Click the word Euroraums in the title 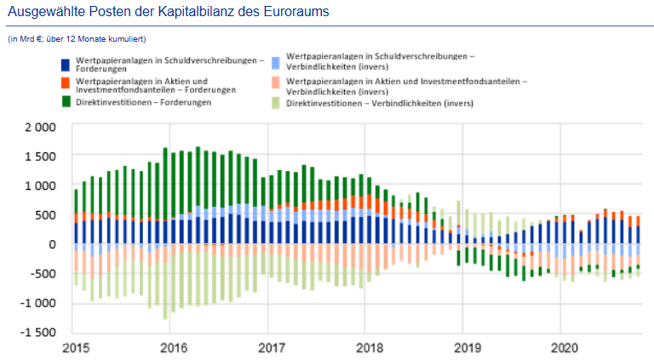(295, 13)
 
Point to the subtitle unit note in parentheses (76, 39)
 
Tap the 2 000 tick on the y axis (39, 127)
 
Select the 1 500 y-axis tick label (39, 157)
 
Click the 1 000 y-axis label (39, 186)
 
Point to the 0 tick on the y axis (51, 244)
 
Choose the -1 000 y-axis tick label (37, 303)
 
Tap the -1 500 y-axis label (37, 333)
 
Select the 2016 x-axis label (173, 348)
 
